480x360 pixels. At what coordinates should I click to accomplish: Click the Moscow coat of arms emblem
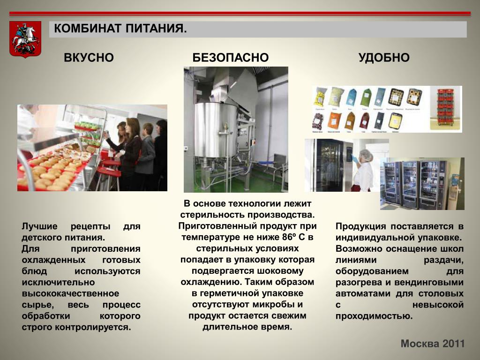25,39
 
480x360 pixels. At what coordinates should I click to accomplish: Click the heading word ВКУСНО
89,58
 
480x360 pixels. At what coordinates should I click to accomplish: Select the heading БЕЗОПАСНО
231,58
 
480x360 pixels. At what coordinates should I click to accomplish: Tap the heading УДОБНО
384,58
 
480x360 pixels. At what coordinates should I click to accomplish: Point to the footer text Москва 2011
433,344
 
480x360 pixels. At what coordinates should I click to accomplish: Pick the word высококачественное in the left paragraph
70,293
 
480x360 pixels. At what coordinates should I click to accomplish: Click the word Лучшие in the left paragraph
39,226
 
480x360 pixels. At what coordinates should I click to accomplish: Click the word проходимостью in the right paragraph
374,316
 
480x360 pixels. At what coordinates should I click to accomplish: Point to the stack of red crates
446,108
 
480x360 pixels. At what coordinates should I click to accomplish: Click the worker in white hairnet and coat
363,170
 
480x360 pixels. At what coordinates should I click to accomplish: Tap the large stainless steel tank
216,130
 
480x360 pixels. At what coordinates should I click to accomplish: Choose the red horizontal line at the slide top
240,14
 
